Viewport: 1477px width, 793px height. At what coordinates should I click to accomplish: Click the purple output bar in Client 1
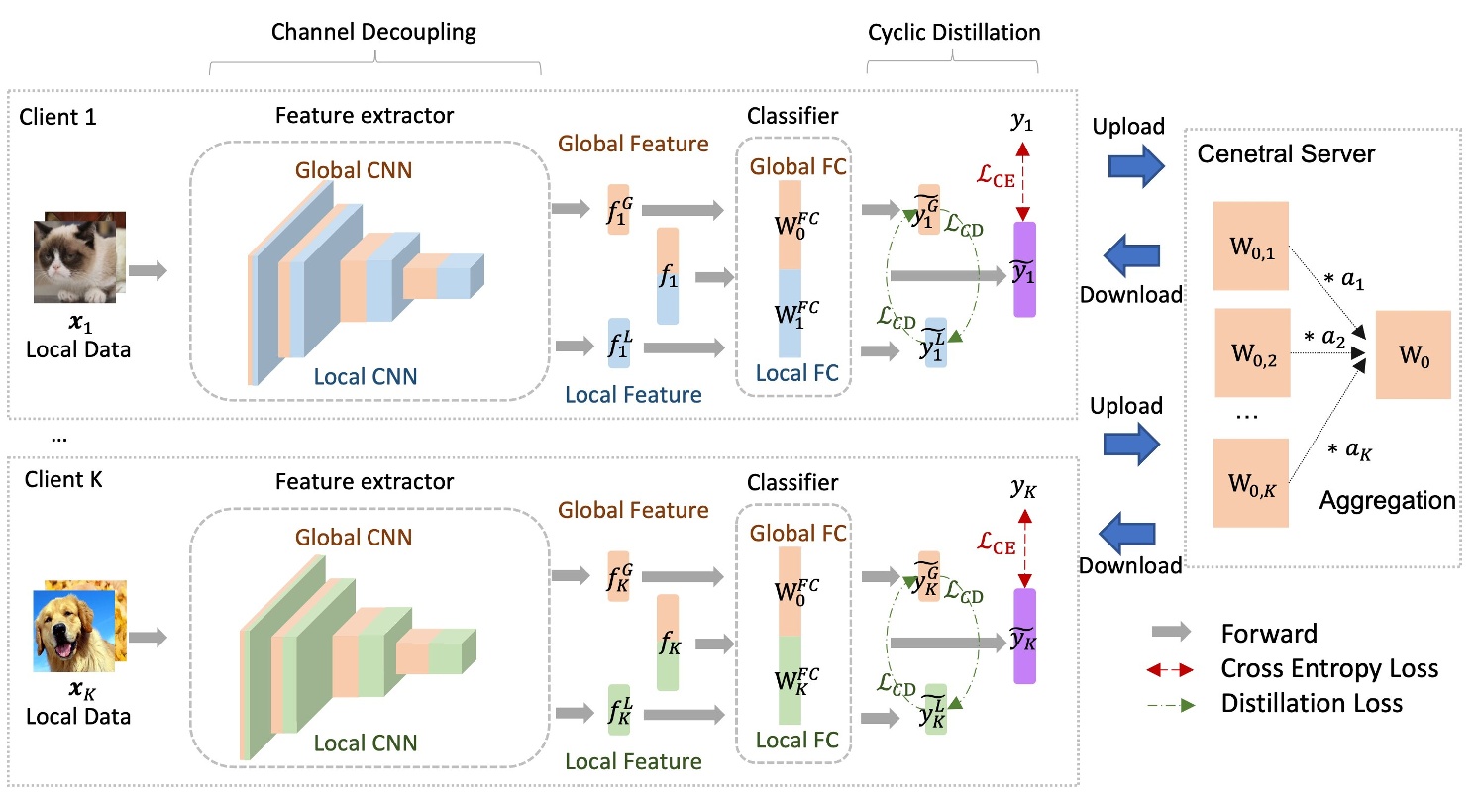click(1024, 268)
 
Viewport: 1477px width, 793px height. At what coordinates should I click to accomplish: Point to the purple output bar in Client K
click(1024, 636)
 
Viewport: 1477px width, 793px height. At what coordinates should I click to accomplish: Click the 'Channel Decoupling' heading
click(373, 32)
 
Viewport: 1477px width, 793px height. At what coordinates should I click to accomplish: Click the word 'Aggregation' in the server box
click(1387, 501)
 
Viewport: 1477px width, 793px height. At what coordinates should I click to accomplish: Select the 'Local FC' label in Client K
click(796, 740)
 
